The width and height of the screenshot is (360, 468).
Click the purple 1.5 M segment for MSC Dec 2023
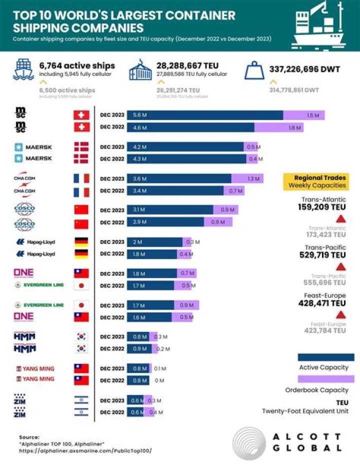304,115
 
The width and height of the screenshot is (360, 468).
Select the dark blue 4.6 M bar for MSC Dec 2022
190,127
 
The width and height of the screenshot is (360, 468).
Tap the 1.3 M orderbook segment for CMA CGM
247,178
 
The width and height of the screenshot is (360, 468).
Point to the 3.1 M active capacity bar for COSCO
170,210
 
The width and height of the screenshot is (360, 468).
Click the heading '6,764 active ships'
77,65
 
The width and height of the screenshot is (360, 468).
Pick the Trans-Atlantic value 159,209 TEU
322,206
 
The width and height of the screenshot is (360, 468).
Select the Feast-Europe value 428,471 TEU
322,303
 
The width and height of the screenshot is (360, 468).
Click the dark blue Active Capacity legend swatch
325,357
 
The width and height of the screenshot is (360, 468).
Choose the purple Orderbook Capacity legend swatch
325,379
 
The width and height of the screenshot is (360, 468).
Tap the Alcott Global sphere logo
248,442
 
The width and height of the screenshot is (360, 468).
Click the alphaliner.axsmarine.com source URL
85,450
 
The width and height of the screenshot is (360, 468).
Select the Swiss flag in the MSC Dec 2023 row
81,115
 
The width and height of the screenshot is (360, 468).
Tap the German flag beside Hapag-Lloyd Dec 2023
81,242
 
